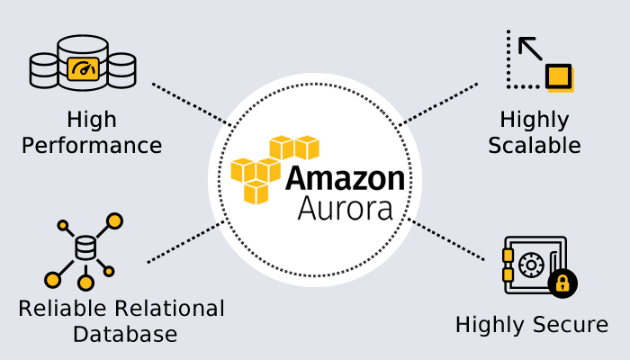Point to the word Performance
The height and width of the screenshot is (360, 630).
coord(92,145)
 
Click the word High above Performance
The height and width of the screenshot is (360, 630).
coord(92,120)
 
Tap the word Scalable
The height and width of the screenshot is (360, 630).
coord(534,145)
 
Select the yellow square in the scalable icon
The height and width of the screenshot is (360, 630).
coord(559,76)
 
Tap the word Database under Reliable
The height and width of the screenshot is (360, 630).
coord(124,335)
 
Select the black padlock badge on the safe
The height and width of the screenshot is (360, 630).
coord(562,283)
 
